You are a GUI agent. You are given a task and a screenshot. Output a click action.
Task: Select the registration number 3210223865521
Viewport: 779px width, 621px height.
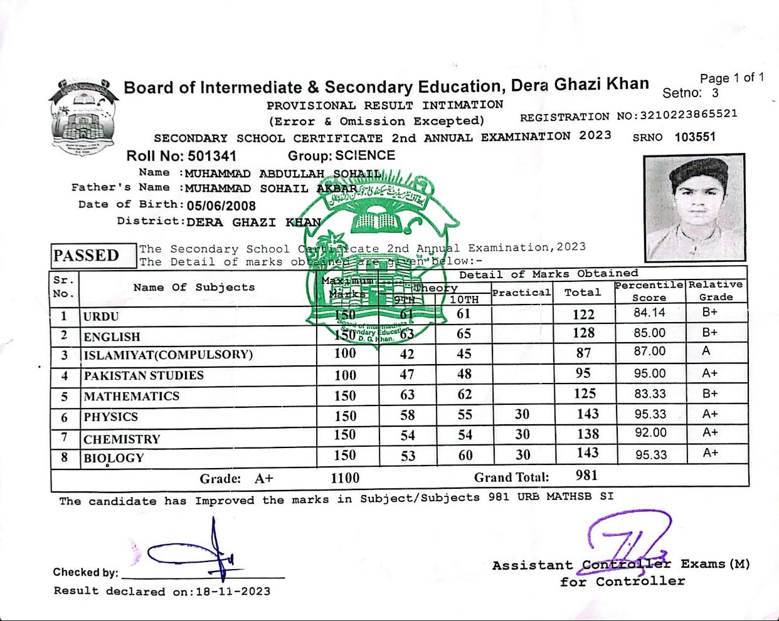(x=687, y=115)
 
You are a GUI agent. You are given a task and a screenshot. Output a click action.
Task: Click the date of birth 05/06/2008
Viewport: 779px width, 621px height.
(x=221, y=206)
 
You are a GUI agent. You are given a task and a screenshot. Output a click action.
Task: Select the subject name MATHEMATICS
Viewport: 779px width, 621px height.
(x=132, y=396)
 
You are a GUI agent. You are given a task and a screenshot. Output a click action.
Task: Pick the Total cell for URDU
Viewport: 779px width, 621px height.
(x=583, y=315)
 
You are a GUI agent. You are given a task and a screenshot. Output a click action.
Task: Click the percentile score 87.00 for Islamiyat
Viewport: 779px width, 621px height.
(x=649, y=352)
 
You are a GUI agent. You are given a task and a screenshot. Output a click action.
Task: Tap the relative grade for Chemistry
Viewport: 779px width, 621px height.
(x=710, y=432)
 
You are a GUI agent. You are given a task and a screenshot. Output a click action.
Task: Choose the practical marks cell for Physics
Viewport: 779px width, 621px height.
(x=522, y=414)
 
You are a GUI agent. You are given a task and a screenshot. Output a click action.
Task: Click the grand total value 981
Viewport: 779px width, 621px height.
(x=586, y=476)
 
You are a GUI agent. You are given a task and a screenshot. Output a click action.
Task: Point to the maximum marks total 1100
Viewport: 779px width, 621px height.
(x=345, y=478)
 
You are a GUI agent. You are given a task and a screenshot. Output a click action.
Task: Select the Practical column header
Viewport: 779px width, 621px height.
(x=521, y=293)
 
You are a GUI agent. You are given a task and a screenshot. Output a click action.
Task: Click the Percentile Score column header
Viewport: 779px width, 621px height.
(x=649, y=291)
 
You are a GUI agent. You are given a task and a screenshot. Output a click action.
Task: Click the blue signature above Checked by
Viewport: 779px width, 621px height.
(x=194, y=551)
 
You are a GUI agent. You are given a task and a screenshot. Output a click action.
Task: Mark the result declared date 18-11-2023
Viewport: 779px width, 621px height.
(x=233, y=592)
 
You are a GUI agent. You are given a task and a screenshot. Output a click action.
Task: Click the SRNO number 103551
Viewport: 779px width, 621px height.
(x=695, y=137)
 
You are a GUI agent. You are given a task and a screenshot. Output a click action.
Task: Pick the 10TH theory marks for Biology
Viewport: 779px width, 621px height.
(x=465, y=455)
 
